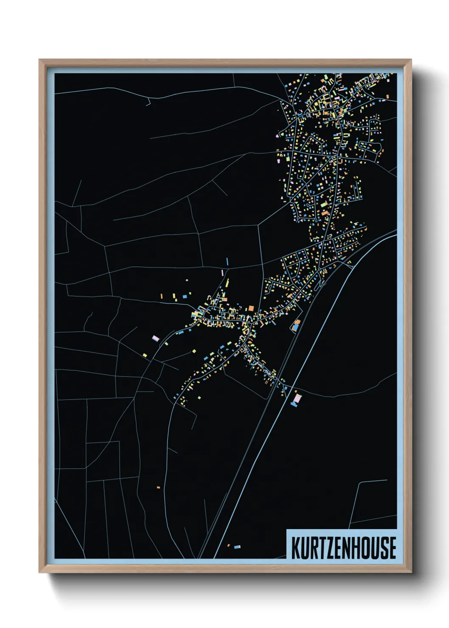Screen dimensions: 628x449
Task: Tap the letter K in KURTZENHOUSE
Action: pyautogui.click(x=296, y=547)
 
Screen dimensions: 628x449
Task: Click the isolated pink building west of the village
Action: pyautogui.click(x=155, y=338)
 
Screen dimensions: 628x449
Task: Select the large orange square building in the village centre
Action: pyautogui.click(x=251, y=308)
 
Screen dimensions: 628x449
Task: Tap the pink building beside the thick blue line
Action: pyautogui.click(x=297, y=398)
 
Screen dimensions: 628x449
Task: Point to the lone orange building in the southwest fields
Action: pyautogui.click(x=158, y=487)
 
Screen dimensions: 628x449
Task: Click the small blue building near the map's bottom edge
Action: pyautogui.click(x=237, y=547)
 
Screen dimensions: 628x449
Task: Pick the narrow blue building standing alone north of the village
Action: pyautogui.click(x=227, y=261)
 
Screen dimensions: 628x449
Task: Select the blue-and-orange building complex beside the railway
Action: pyautogui.click(x=296, y=326)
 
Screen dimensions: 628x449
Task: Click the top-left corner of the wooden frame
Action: pyautogui.click(x=39, y=60)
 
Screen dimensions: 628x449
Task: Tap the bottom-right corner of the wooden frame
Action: pyautogui.click(x=411, y=572)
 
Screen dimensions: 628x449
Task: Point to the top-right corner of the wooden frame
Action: pyautogui.click(x=411, y=60)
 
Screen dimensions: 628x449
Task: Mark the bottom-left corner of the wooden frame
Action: pyautogui.click(x=39, y=572)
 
